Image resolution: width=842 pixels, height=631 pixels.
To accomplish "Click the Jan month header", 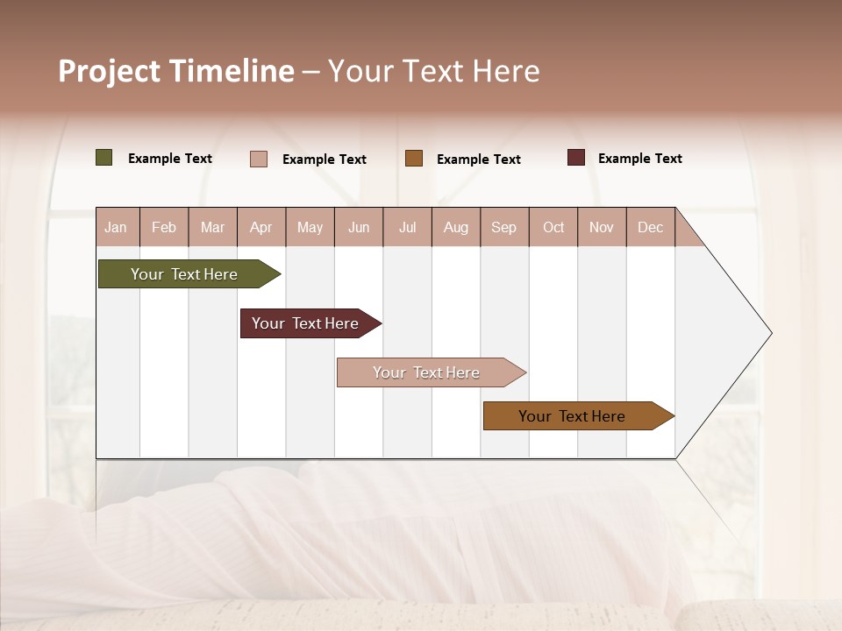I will tap(116, 228).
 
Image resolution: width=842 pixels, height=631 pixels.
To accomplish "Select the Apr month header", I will tap(261, 228).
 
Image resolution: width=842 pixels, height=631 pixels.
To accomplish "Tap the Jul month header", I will tap(407, 228).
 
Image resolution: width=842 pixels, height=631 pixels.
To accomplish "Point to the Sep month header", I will tap(503, 228).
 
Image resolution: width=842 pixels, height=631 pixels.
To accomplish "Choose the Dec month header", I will tap(650, 228).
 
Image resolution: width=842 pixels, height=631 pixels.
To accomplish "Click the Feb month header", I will tap(164, 228).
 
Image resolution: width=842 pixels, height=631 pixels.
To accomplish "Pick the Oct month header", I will tap(553, 228).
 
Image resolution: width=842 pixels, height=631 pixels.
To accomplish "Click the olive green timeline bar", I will tap(184, 274).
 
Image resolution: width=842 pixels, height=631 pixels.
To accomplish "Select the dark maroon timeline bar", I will tap(305, 323).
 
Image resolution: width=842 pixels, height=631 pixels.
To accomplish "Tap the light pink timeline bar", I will tap(426, 372).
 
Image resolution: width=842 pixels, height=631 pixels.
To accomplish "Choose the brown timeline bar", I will tap(572, 416).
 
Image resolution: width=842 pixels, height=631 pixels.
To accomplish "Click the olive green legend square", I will tap(104, 158).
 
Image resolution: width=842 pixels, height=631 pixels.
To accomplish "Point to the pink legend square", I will tap(259, 159).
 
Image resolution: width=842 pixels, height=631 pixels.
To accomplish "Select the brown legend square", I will tap(414, 159).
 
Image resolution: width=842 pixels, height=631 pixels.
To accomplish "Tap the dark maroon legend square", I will tap(576, 158).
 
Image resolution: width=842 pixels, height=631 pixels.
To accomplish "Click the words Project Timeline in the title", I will tap(175, 71).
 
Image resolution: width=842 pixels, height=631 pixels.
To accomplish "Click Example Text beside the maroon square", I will tap(639, 159).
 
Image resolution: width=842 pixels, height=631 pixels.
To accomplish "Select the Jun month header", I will tap(359, 228).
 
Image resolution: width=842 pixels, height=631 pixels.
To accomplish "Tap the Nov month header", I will tap(602, 228).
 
